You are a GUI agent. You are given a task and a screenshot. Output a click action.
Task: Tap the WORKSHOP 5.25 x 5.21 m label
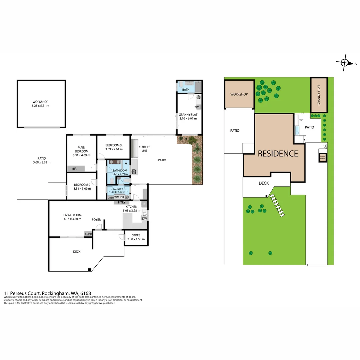coord(40,104)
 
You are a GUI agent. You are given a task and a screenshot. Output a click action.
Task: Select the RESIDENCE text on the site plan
coord(278,154)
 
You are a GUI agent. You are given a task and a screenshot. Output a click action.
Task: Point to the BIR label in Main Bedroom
coord(74,169)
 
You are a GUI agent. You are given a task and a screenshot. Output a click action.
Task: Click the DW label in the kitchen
coord(144,219)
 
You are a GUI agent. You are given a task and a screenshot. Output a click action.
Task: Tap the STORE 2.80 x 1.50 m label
coord(136,237)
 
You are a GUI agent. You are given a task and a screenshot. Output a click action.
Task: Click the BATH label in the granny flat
coord(186,90)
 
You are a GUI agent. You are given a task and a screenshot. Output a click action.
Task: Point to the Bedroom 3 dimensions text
coord(113,149)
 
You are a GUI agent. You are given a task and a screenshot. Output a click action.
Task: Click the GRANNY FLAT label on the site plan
coord(319,95)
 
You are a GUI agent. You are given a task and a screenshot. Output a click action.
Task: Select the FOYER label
coord(96,220)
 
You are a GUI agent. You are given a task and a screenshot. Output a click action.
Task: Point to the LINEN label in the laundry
coord(110,197)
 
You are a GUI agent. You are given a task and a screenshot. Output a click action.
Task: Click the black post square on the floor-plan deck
coord(89,270)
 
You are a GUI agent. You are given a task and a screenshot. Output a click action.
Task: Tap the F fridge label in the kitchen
coord(144,204)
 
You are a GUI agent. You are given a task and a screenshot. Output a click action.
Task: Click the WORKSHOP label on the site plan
coord(239,94)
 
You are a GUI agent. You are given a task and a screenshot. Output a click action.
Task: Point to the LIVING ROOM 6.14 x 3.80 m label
coord(72,217)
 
